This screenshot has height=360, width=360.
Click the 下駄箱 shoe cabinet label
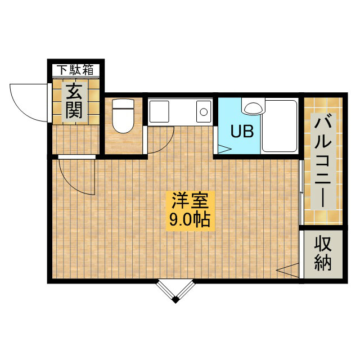[x=75, y=70]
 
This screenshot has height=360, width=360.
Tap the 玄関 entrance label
[x=74, y=101]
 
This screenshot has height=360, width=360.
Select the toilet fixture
[x=123, y=116]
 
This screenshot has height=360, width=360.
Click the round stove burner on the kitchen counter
[x=204, y=112]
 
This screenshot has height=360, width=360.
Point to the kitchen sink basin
[x=159, y=111]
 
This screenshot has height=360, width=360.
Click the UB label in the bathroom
[x=242, y=131]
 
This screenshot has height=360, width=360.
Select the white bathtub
[x=280, y=126]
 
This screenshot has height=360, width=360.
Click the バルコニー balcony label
[x=323, y=161]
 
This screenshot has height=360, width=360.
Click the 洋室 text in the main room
[x=190, y=200]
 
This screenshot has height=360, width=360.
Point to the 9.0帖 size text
[x=190, y=219]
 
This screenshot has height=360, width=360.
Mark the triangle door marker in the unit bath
[x=224, y=149]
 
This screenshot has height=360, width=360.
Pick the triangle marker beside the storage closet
[x=287, y=271]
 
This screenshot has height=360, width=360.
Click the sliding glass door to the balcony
[x=301, y=192]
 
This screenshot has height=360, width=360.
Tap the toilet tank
[x=123, y=103]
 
